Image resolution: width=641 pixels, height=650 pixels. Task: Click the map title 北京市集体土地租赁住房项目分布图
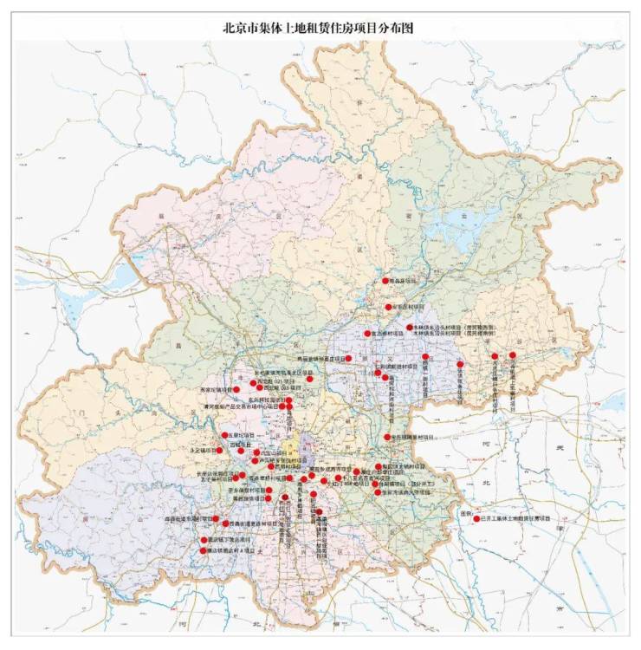tap(320, 27)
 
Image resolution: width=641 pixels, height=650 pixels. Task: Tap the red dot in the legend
tap(476, 518)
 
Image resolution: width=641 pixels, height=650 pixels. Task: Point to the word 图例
tap(467, 511)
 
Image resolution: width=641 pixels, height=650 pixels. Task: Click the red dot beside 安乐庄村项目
tap(389, 307)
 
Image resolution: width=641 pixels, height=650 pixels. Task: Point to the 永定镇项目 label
tap(203, 451)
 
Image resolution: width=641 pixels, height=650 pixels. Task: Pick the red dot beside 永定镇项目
tap(220, 451)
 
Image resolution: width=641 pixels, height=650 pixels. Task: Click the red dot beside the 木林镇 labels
tap(409, 328)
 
